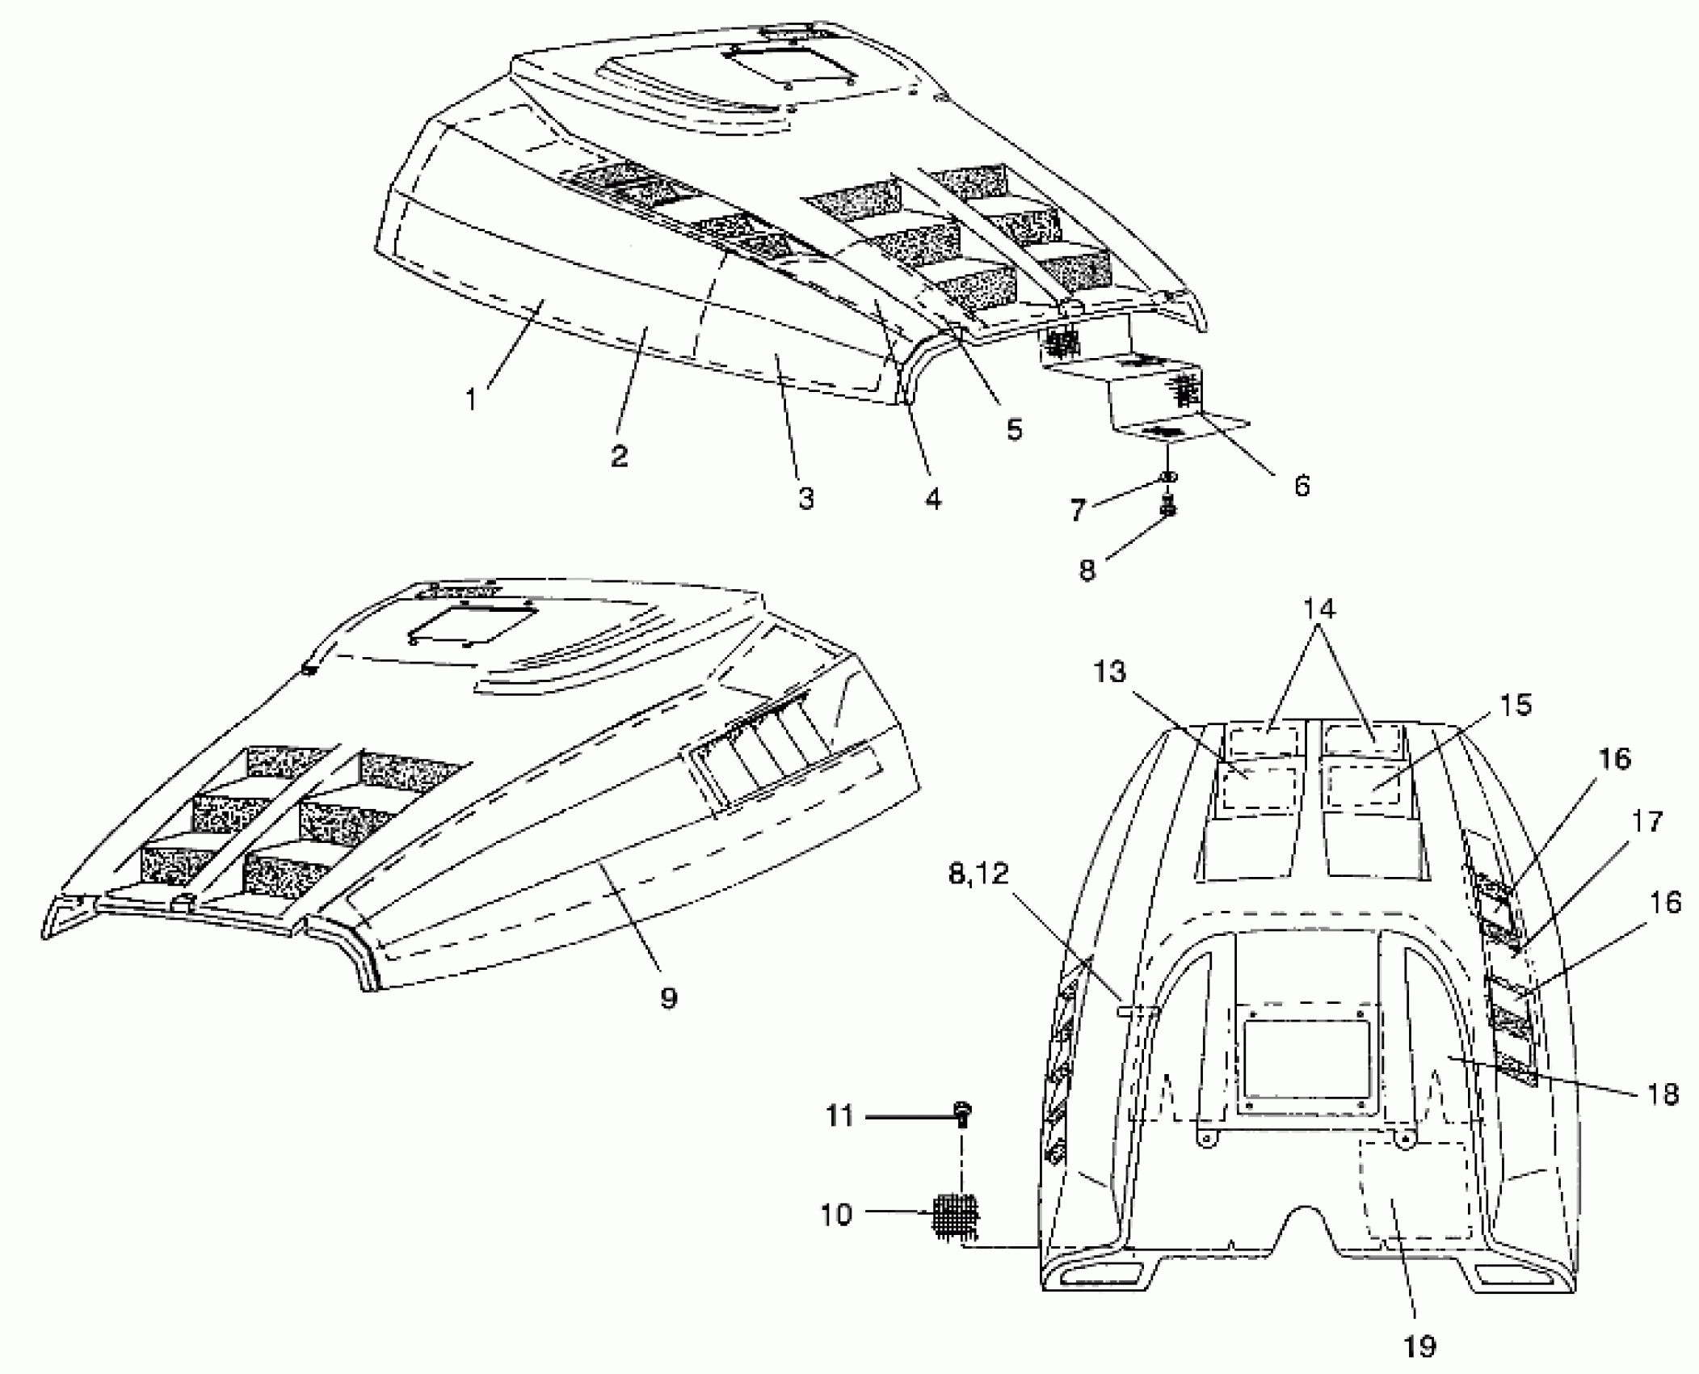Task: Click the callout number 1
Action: pos(472,399)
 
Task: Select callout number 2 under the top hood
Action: pos(619,457)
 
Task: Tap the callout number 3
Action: pos(805,499)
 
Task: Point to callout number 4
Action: pos(933,499)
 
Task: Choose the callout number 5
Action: pos(1014,428)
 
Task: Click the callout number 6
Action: pos(1302,486)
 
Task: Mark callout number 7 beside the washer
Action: pos(1078,510)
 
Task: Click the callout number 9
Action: pos(668,998)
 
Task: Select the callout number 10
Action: pos(836,1214)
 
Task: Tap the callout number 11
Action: pos(839,1117)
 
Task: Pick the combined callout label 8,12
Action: pos(978,874)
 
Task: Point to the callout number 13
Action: pos(1109,672)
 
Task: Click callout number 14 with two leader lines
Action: pos(1318,609)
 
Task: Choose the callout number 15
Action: pos(1516,705)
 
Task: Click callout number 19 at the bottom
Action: pos(1419,1347)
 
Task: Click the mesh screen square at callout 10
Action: pos(956,1214)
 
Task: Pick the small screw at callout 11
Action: pos(963,1115)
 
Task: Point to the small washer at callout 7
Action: pos(1168,478)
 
